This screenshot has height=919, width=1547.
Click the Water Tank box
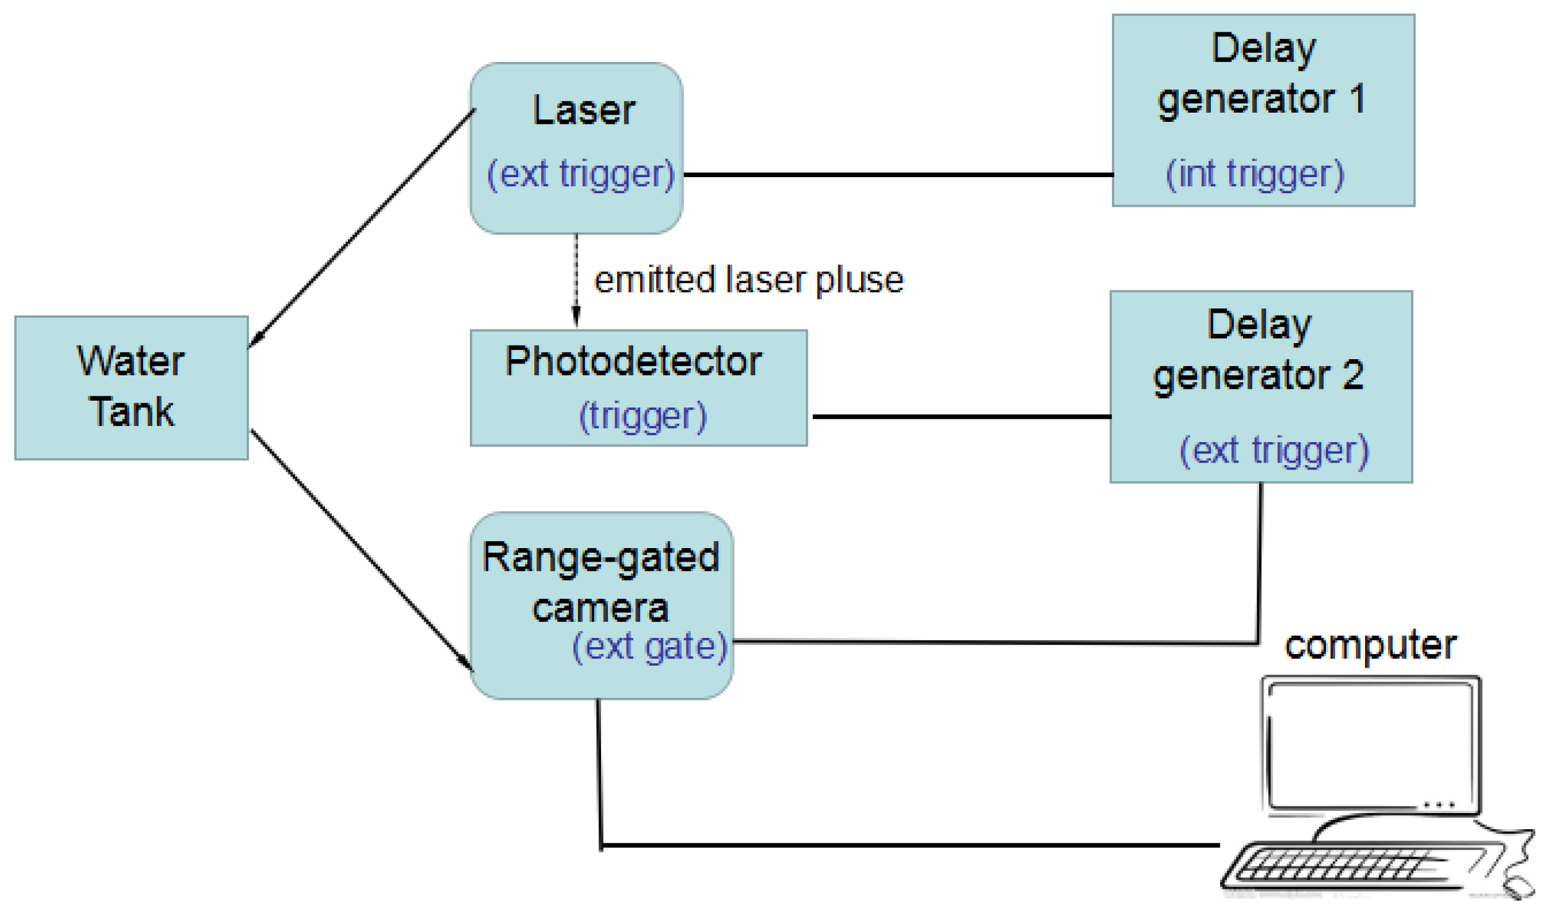131,388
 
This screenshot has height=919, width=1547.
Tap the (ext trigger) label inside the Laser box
580,174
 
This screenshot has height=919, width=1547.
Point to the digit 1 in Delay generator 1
1357,98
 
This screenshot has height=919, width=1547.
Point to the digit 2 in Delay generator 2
1353,375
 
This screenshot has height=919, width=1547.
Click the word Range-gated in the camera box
600,557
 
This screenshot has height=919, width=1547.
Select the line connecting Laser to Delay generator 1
898,175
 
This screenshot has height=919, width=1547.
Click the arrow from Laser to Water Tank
362,229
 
